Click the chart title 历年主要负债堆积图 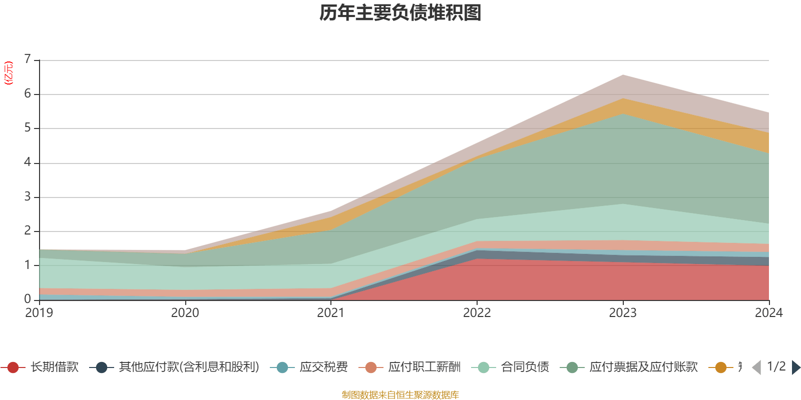click(x=400, y=13)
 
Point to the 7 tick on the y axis click(x=28, y=59)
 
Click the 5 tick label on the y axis click(x=28, y=128)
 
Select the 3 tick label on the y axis click(x=28, y=196)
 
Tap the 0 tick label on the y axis click(x=28, y=299)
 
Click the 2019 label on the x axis click(x=39, y=313)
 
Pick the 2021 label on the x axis click(x=331, y=313)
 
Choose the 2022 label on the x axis click(x=477, y=313)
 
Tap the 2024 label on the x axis click(x=768, y=313)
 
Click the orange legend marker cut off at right click(x=721, y=367)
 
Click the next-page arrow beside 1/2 click(x=795, y=367)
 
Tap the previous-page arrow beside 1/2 click(x=756, y=367)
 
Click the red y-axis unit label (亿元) click(x=9, y=73)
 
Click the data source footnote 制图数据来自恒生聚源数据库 click(x=400, y=395)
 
